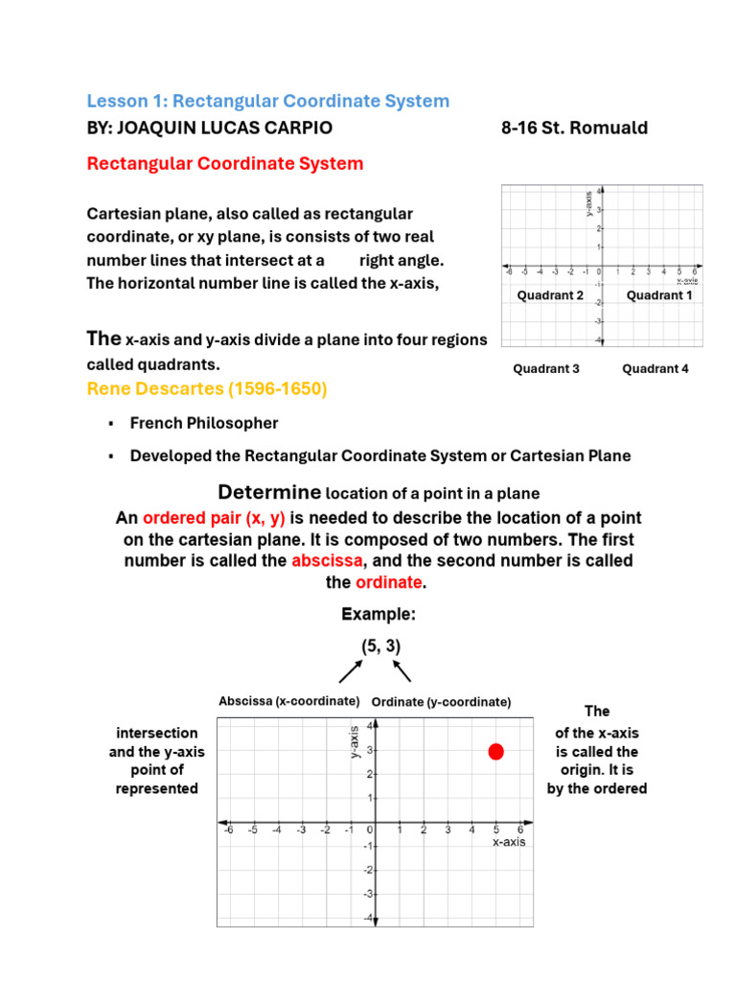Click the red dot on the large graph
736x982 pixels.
[x=495, y=751]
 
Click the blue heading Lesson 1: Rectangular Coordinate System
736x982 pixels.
[x=267, y=101]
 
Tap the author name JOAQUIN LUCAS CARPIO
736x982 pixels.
[x=210, y=129]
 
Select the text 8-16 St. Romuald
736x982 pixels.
[x=574, y=129]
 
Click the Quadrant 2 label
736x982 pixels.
[x=550, y=295]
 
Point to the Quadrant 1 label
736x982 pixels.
[x=659, y=295]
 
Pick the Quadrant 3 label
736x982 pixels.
[x=546, y=368]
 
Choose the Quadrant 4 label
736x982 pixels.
[x=655, y=368]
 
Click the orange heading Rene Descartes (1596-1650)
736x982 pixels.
[x=207, y=388]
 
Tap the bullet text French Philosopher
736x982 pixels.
[x=204, y=423]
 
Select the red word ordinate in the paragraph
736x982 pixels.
[x=388, y=582]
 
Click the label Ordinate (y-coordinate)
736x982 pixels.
[x=441, y=702]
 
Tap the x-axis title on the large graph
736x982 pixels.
[x=508, y=842]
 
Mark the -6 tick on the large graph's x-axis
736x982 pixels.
[x=228, y=830]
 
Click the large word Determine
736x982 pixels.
[x=269, y=493]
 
